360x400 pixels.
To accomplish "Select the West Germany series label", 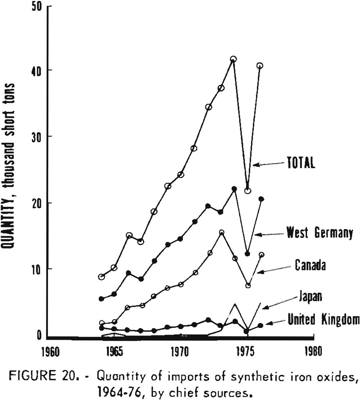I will pos(319,233).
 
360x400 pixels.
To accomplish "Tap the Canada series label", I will pos(311,265).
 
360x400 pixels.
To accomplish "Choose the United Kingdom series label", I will pos(323,319).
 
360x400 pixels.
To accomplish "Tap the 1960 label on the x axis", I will pos(49,350).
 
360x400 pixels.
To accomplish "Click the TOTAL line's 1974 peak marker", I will pos(234,59).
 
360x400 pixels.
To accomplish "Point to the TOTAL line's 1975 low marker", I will pos(248,190).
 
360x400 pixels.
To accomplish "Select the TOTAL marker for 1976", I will pos(260,66).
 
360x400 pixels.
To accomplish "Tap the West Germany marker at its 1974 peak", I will pos(234,189).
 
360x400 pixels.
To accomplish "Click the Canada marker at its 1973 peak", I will pos(222,232).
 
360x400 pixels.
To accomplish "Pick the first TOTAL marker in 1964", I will pos(102,277).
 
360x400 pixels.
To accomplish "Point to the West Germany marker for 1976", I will pos(261,199).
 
